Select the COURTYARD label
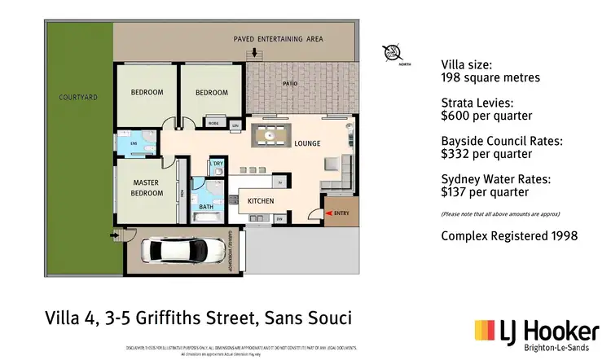coord(78,97)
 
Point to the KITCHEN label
coord(261,201)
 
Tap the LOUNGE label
coord(307,144)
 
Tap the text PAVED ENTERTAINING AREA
coord(279,38)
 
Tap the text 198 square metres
coord(490,78)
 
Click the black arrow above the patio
coord(256,53)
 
